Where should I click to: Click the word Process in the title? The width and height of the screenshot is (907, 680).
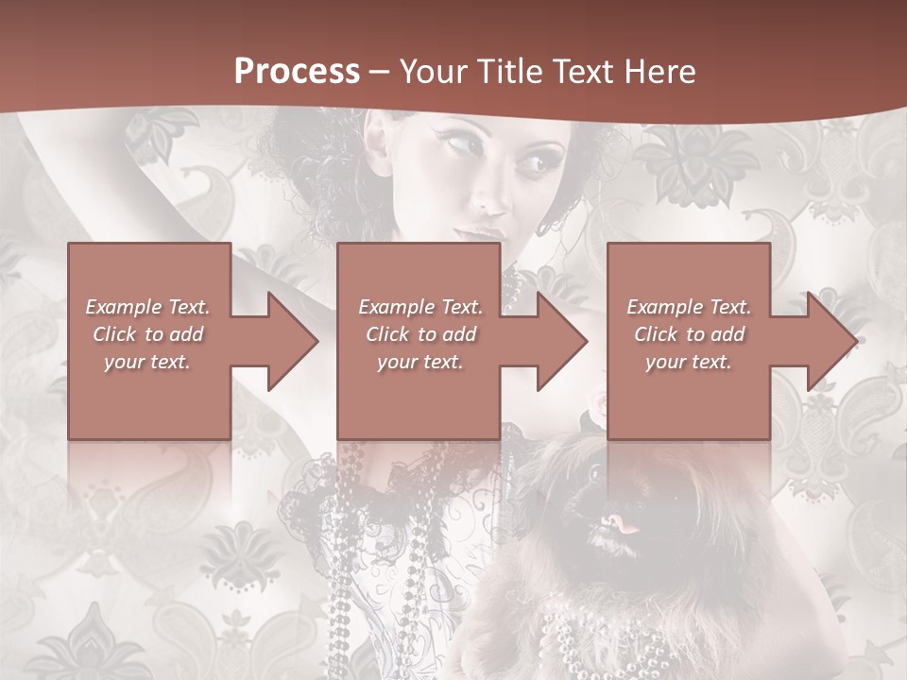297,72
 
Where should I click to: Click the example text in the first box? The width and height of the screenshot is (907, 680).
148,334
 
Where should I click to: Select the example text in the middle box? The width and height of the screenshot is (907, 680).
420,334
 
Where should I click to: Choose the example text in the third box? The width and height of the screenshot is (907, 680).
689,334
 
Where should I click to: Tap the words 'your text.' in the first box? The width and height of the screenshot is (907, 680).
148,362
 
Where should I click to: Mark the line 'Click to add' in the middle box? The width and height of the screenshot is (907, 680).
420,334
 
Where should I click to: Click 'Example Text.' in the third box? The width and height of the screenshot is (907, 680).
689,307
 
